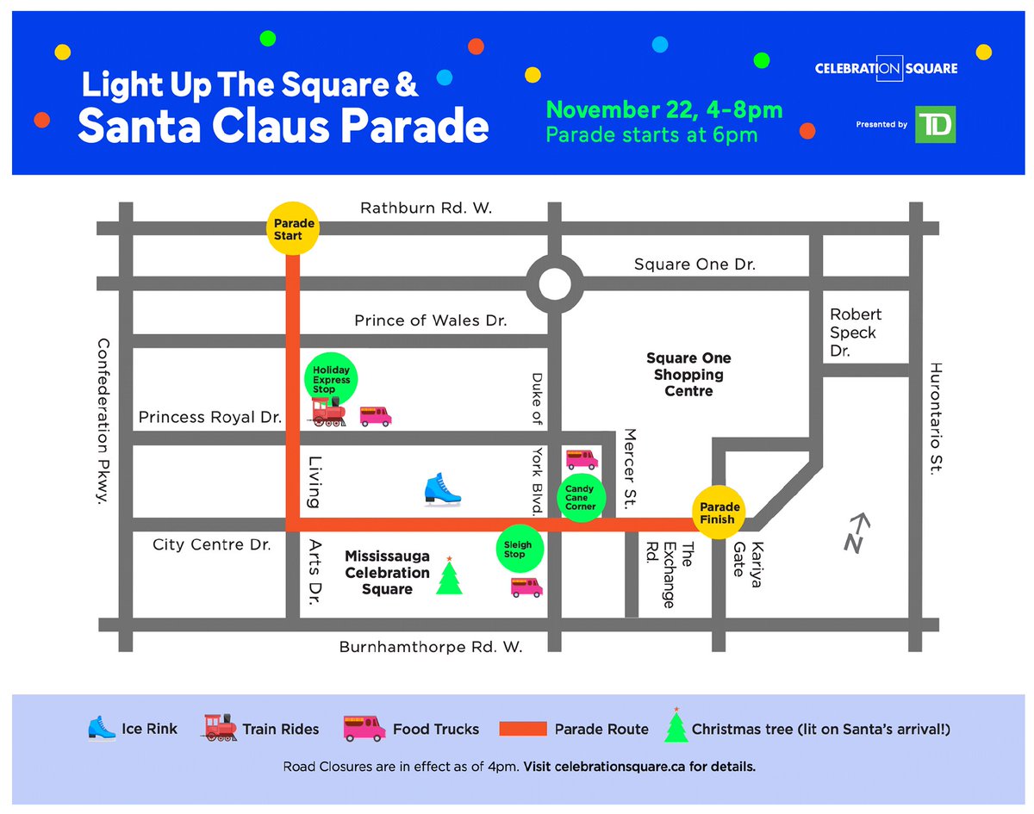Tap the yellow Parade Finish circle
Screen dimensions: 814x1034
[718, 513]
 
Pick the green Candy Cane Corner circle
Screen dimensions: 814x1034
[580, 497]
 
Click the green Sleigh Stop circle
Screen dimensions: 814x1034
[519, 549]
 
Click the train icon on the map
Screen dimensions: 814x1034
[328, 414]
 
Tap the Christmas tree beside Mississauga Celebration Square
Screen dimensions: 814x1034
[449, 576]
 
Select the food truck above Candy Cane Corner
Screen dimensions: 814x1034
[581, 458]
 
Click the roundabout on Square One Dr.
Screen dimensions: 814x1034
[552, 283]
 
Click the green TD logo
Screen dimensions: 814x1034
[936, 125]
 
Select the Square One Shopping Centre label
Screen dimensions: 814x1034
[688, 375]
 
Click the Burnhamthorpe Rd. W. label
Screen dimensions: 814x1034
[431, 647]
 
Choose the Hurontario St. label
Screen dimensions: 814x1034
[937, 418]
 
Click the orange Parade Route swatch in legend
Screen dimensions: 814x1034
[523, 729]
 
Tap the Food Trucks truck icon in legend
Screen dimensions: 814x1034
[364, 728]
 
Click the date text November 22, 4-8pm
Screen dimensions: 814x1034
[663, 110]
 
